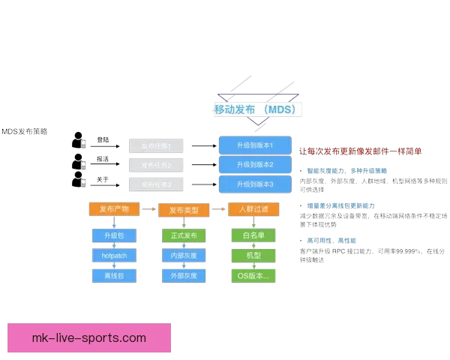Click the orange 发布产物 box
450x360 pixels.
click(x=114, y=208)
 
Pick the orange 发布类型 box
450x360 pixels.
click(x=184, y=210)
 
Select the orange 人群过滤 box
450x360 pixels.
click(x=248, y=209)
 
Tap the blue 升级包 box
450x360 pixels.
click(x=114, y=236)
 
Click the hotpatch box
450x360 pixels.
click(x=114, y=256)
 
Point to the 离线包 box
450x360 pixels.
click(x=114, y=276)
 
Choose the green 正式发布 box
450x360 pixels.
click(x=184, y=236)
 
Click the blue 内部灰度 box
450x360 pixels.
click(x=184, y=256)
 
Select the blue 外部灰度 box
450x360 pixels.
click(x=184, y=276)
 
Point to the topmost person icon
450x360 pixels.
click(x=79, y=140)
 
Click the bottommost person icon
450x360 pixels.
click(x=79, y=181)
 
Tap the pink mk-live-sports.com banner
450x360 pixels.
click(x=89, y=337)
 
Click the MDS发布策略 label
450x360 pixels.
click(x=24, y=130)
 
